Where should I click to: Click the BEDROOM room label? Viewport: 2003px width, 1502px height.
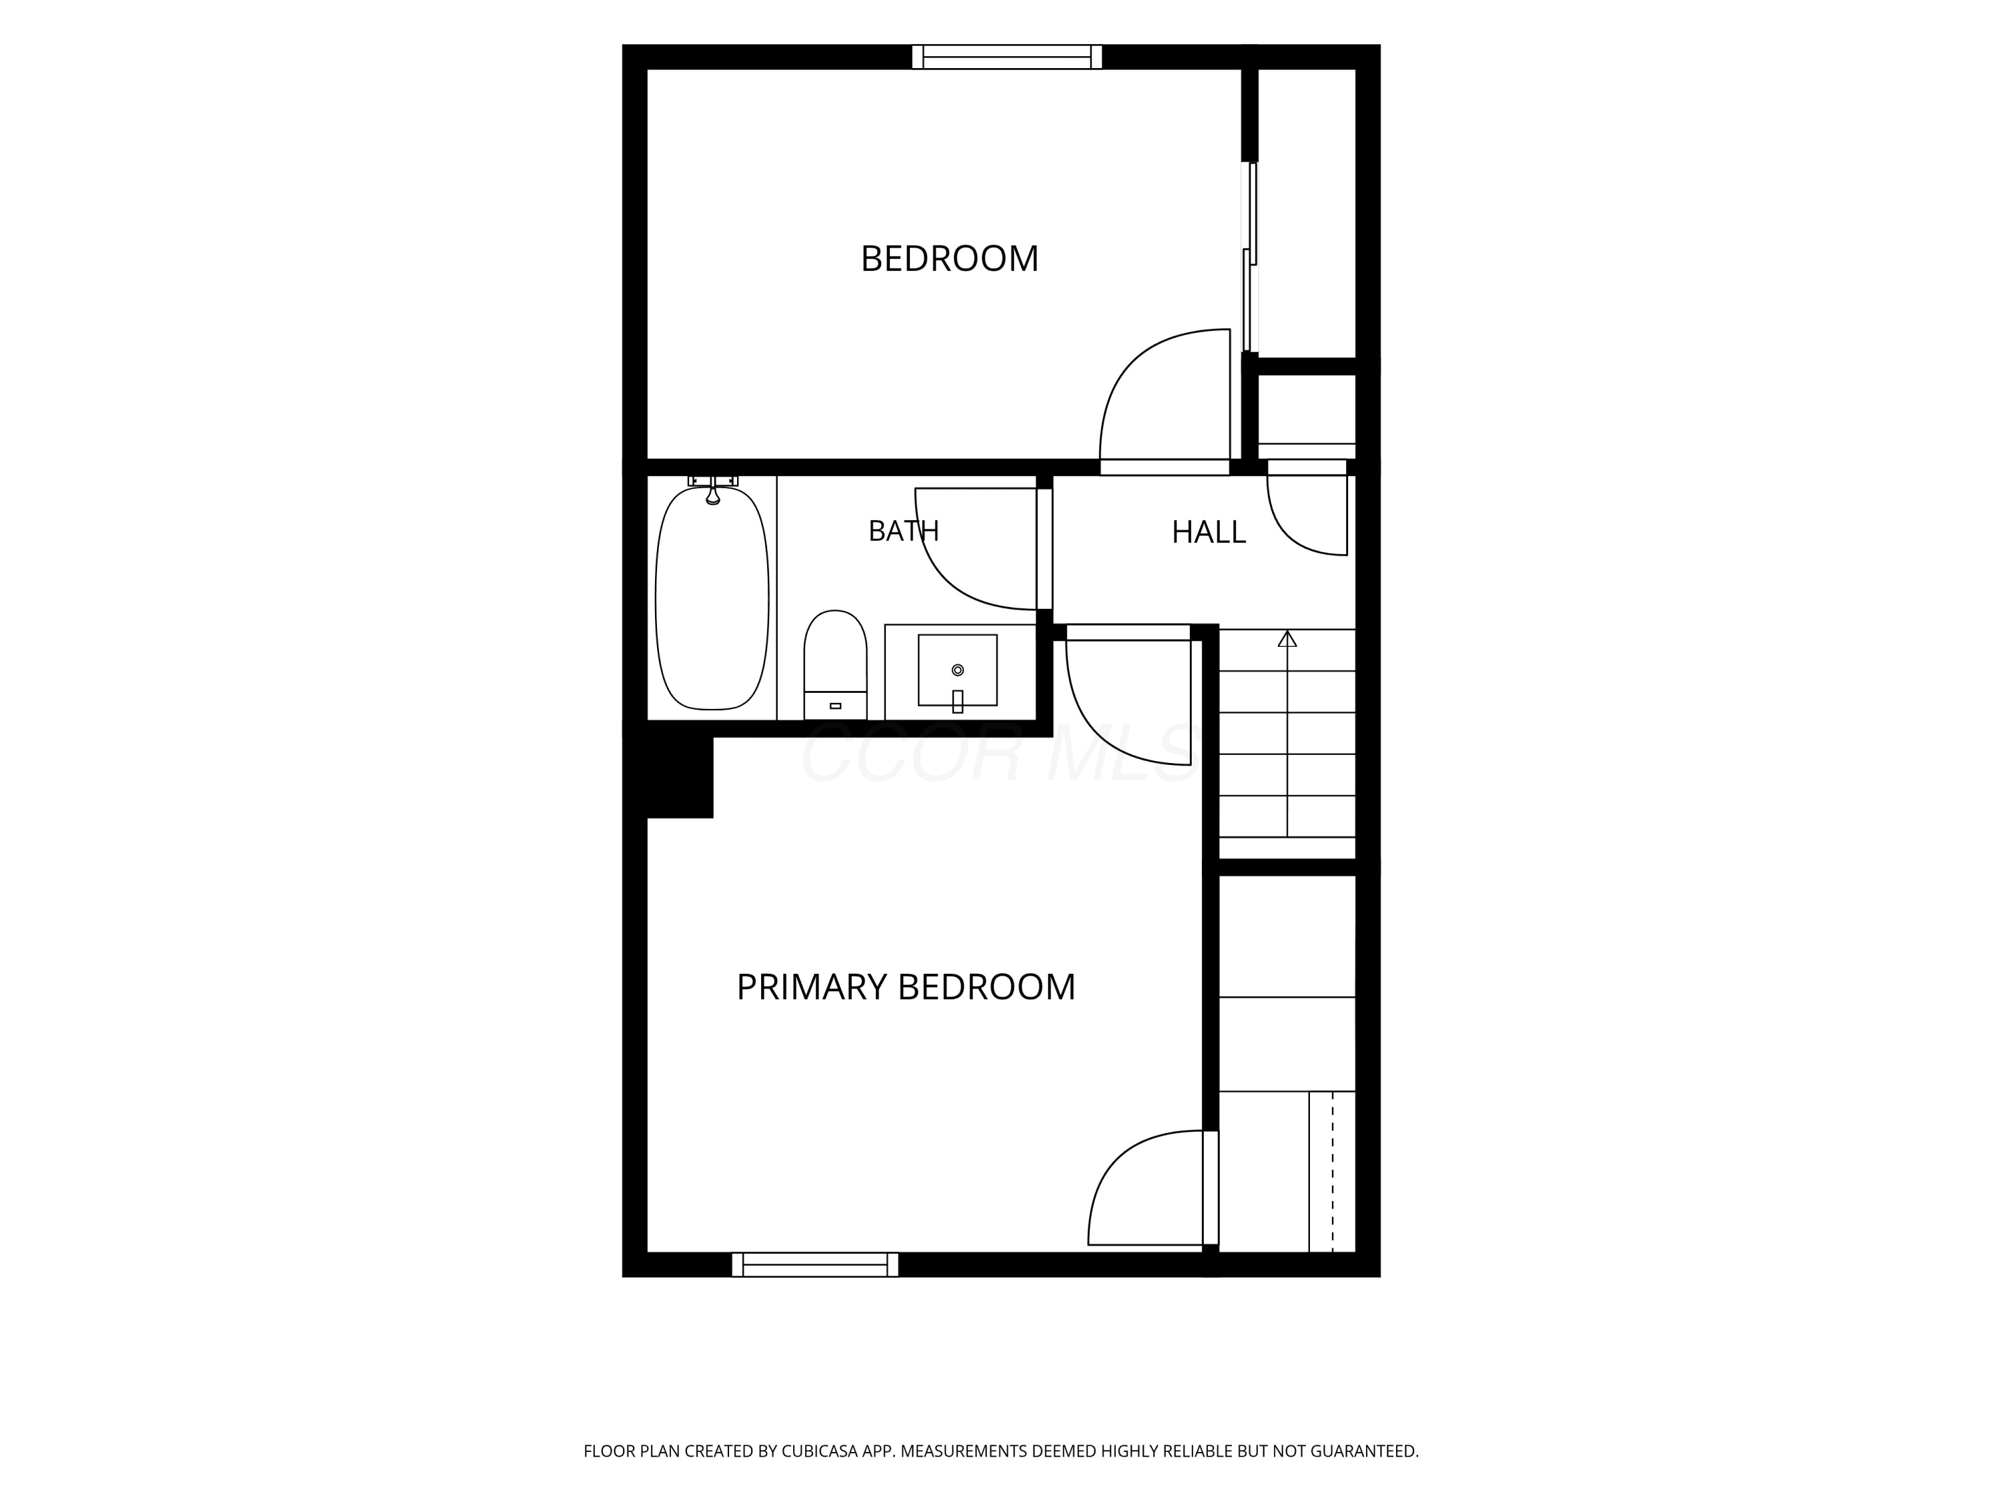pos(949,259)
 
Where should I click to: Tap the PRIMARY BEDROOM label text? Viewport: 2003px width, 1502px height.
pos(905,987)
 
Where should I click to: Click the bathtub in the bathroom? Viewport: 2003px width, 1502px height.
pos(712,598)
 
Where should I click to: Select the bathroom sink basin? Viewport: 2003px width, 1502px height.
pos(957,670)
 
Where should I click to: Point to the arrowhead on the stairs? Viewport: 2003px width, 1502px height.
pos(1287,638)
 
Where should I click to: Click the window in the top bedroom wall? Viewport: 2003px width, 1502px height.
pos(1007,57)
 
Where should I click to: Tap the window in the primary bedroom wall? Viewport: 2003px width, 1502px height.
pos(815,1265)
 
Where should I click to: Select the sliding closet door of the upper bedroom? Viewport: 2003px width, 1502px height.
pos(1251,257)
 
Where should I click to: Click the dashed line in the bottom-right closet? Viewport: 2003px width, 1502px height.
pos(1333,1172)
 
